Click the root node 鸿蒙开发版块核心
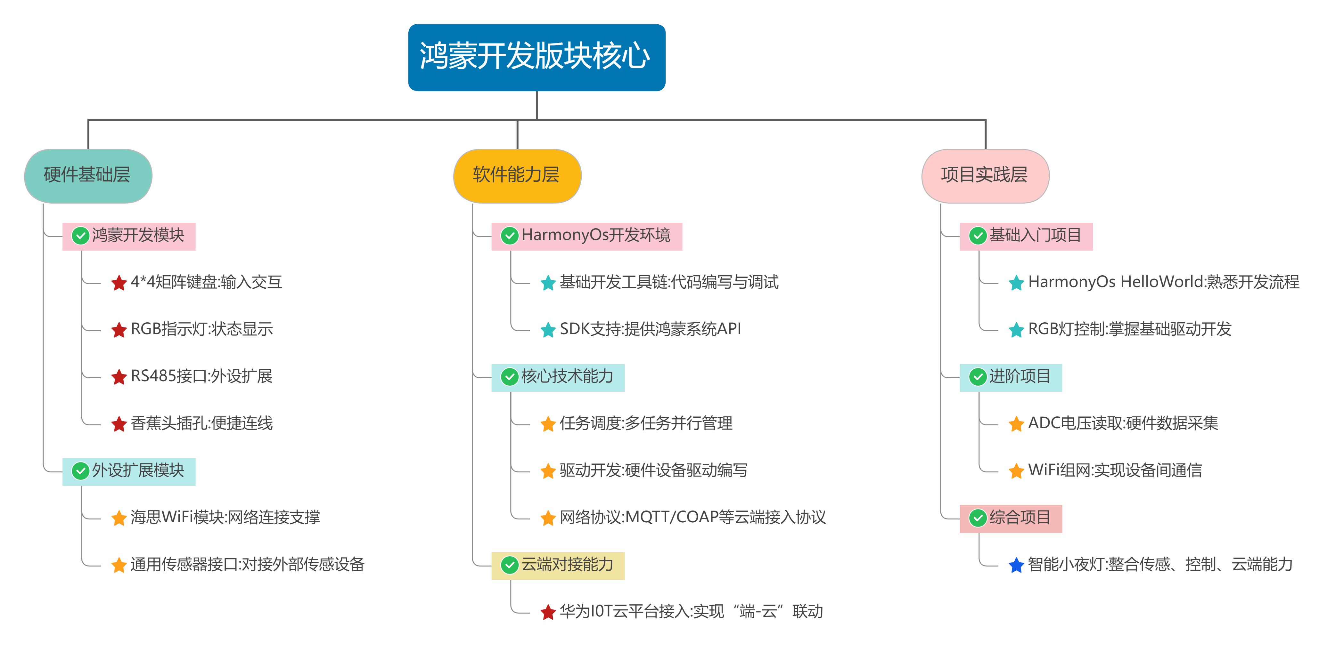[x=536, y=57]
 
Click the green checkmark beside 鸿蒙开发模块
[x=80, y=236]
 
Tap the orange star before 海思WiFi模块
[x=119, y=518]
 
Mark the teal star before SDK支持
[x=548, y=330]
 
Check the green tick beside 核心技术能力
[x=510, y=377]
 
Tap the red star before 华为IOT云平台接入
[x=548, y=612]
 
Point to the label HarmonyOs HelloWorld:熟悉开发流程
[x=1163, y=282]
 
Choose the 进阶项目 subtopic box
[x=1010, y=377]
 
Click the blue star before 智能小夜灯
[x=1016, y=565]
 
